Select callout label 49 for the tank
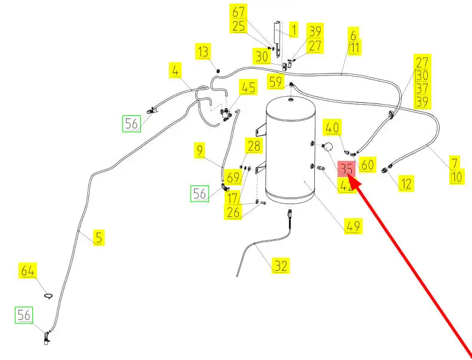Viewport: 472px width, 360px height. pyautogui.click(x=353, y=226)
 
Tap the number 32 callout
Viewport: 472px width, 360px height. pyautogui.click(x=280, y=266)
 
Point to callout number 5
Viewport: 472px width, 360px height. pyautogui.click(x=99, y=237)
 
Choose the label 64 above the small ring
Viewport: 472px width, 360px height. pyautogui.click(x=28, y=270)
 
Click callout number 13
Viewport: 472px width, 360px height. pyautogui.click(x=204, y=52)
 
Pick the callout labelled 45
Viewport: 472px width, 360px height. pyautogui.click(x=248, y=88)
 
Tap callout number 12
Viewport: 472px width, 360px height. pyautogui.click(x=406, y=184)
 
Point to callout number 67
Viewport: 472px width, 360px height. pyautogui.click(x=238, y=12)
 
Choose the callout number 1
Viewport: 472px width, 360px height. pyautogui.click(x=294, y=29)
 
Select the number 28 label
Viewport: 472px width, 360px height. pyautogui.click(x=254, y=146)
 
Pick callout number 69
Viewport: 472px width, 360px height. pyautogui.click(x=234, y=177)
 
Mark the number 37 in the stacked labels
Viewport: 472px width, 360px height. pyautogui.click(x=422, y=89)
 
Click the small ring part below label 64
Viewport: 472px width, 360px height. pyautogui.click(x=49, y=294)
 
